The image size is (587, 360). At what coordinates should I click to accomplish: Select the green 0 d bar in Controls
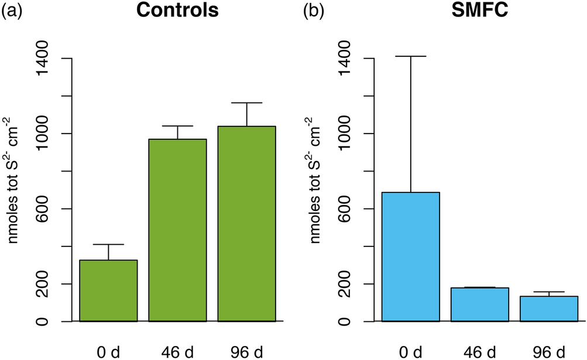[x=108, y=291]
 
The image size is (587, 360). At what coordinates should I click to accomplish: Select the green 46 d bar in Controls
[x=177, y=230]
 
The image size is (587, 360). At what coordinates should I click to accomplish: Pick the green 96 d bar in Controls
[x=246, y=224]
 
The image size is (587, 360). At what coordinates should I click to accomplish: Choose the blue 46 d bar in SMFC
[x=480, y=304]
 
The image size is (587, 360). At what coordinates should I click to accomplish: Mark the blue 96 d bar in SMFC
[x=549, y=308]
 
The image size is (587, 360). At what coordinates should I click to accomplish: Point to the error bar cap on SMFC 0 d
[x=411, y=56]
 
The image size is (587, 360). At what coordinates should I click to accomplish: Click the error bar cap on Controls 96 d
[x=246, y=103]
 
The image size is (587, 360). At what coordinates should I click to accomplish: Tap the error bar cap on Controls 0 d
[x=108, y=244]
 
